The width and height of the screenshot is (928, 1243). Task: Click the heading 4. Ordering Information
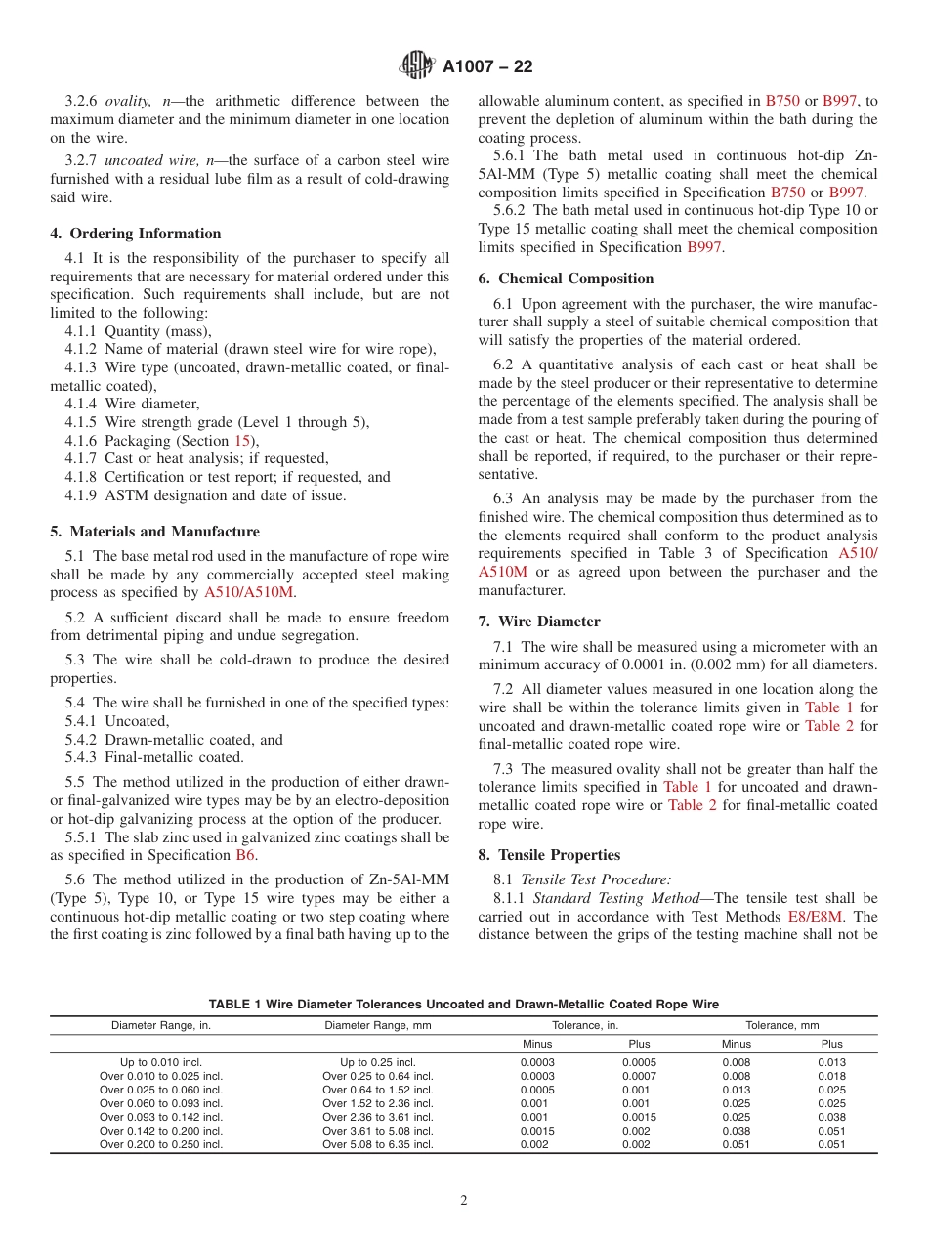click(136, 234)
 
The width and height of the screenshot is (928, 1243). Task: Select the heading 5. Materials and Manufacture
click(154, 532)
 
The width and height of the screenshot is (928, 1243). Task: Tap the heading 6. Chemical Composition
click(566, 279)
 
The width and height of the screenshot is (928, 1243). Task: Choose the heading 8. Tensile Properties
click(549, 855)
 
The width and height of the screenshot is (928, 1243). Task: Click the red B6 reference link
click(245, 855)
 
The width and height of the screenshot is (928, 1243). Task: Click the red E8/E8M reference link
click(813, 917)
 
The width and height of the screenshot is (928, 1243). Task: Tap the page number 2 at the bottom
click(464, 1201)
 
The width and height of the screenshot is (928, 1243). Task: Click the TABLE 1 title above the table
click(463, 1005)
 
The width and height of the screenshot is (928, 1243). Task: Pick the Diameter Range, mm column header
click(377, 1026)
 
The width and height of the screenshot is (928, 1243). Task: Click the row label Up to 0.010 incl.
click(161, 1062)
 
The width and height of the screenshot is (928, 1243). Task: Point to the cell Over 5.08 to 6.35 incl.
click(377, 1144)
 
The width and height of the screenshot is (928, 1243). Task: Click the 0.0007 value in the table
click(639, 1076)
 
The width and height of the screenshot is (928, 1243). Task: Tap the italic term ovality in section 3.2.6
click(128, 101)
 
